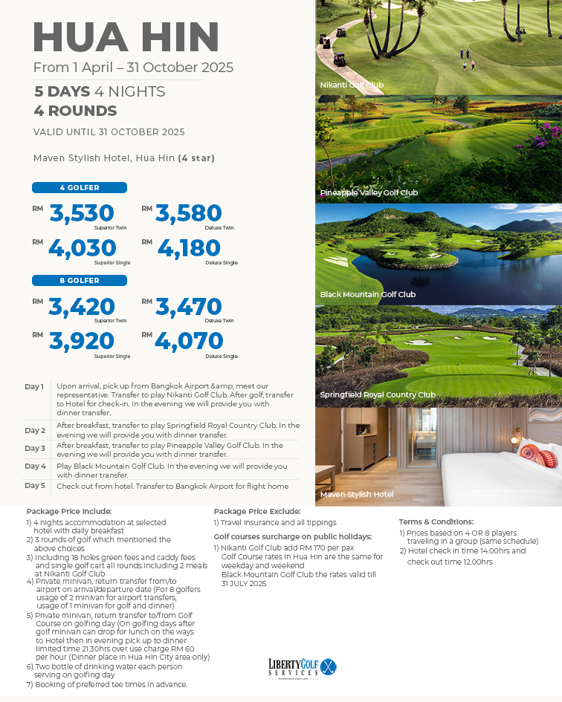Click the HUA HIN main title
(126, 37)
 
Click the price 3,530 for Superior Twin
(82, 213)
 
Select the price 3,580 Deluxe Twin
(189, 213)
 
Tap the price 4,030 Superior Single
(82, 247)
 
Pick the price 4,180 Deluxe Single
(189, 247)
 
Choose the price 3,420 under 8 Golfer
(82, 307)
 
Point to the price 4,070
(189, 341)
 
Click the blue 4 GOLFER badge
(80, 188)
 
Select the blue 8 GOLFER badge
(80, 280)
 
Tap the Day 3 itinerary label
(35, 448)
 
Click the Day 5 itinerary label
(35, 485)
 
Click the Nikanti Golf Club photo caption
(352, 85)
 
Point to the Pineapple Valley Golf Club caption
(369, 192)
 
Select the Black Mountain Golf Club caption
(367, 294)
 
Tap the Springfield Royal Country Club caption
(377, 394)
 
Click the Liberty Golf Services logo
(302, 666)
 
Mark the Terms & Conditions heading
(436, 521)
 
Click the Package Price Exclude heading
(256, 511)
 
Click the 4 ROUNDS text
(75, 111)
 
